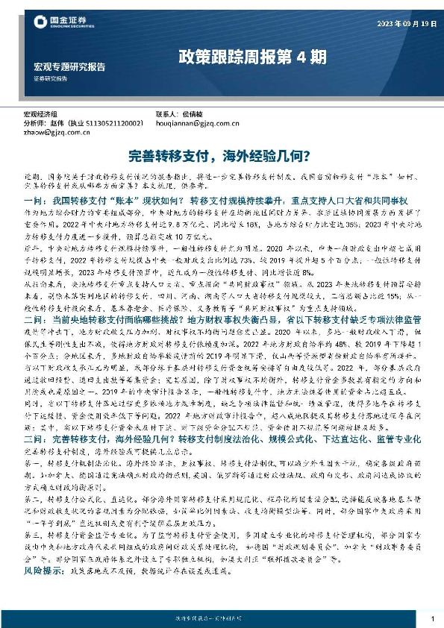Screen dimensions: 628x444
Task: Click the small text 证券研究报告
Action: tap(50, 78)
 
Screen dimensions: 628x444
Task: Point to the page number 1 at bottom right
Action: tap(433, 619)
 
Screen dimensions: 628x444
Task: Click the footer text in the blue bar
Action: tap(222, 618)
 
